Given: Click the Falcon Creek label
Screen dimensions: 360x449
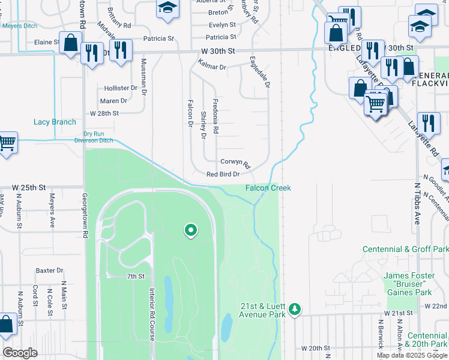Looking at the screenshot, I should [x=268, y=188].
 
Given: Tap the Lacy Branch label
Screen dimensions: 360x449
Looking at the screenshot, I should [x=55, y=122].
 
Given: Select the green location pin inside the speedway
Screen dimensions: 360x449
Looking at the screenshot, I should [x=191, y=230].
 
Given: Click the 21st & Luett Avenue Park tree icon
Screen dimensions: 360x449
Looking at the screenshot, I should [x=294, y=309].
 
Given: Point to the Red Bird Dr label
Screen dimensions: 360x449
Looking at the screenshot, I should [x=223, y=174].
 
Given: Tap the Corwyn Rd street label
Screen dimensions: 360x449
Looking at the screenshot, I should [x=235, y=162].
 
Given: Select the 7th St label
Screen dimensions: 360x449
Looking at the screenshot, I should [x=136, y=276].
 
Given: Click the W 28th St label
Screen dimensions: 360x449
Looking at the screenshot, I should [x=104, y=113].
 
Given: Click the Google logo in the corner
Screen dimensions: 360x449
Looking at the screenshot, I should [x=20, y=353].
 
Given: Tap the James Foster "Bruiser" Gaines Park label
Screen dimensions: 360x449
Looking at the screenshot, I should [x=408, y=284].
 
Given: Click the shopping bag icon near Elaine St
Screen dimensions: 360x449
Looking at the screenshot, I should [x=71, y=43].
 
